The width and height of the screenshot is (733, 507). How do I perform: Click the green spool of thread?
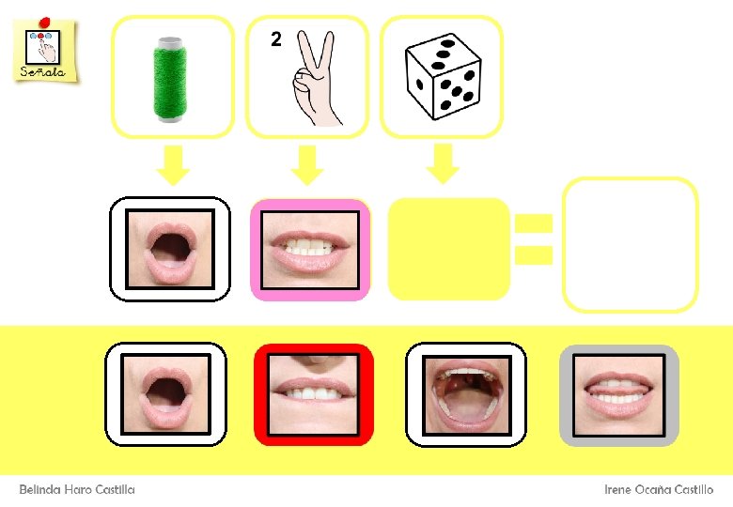(x=171, y=79)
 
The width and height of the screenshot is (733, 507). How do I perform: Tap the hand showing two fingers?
(x=314, y=81)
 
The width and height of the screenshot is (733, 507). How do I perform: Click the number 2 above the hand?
(x=275, y=39)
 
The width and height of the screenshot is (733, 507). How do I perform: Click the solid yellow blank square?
(x=449, y=250)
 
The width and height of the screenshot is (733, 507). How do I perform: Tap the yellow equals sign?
(x=533, y=238)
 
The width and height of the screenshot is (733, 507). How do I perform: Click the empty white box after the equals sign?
(x=630, y=244)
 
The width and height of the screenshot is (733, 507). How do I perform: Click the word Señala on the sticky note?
(x=42, y=71)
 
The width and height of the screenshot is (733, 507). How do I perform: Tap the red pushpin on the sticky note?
(x=44, y=22)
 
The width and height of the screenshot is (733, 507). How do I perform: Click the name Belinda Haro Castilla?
(x=78, y=490)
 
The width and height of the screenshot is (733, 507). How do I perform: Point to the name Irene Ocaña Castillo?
(x=658, y=490)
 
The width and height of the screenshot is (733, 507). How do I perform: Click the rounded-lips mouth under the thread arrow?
(x=170, y=249)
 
